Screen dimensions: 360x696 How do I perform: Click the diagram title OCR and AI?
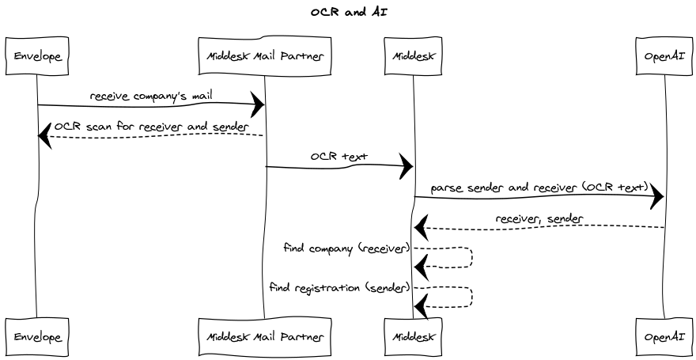[348, 12]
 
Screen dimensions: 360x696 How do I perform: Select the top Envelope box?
[36, 56]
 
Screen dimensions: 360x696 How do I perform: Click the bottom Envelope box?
[36, 336]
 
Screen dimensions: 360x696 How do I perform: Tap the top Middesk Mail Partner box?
[264, 56]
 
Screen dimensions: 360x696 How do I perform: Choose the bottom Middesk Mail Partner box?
[264, 336]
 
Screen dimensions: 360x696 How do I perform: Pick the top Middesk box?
[413, 56]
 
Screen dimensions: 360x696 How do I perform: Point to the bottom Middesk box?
[413, 336]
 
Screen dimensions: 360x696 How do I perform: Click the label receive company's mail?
[150, 96]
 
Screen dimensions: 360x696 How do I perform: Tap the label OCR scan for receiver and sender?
[151, 126]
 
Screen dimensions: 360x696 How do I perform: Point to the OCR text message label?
[339, 157]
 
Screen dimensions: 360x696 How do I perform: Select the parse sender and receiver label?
[539, 188]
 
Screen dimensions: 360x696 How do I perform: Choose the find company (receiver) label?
[346, 248]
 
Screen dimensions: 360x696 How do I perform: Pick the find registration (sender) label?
[339, 287]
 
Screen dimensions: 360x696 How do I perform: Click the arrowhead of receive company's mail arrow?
[257, 104]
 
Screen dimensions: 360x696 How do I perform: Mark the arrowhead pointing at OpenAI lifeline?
[656, 198]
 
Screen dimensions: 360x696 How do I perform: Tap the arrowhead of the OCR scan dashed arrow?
[45, 136]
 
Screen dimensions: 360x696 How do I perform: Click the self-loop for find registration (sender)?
[471, 297]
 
